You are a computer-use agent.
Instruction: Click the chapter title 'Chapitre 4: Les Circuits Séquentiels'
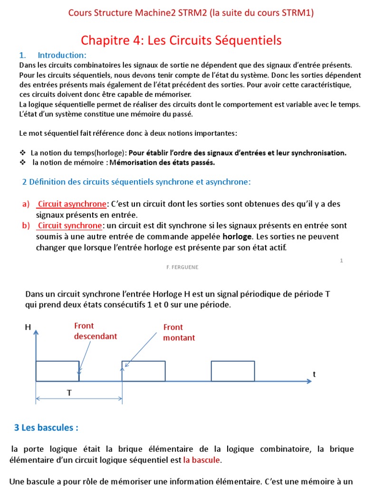pyautogui.click(x=181, y=40)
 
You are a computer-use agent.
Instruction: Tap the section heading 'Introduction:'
pyautogui.click(x=62, y=55)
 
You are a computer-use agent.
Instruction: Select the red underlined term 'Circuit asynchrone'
pyautogui.click(x=72, y=204)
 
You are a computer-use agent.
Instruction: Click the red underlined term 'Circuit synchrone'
pyautogui.click(x=70, y=225)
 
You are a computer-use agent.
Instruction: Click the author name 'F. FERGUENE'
pyautogui.click(x=182, y=267)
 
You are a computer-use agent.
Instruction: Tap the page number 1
pyautogui.click(x=341, y=261)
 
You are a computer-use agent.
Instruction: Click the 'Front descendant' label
pyautogui.click(x=95, y=331)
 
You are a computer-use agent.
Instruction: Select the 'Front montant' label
pyautogui.click(x=179, y=332)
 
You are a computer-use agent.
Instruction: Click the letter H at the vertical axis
pyautogui.click(x=27, y=327)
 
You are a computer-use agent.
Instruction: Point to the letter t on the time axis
pyautogui.click(x=314, y=374)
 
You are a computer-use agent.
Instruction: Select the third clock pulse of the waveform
pyautogui.click(x=233, y=371)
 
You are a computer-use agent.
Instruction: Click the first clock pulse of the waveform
pyautogui.click(x=58, y=371)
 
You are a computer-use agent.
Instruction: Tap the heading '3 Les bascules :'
pyautogui.click(x=46, y=428)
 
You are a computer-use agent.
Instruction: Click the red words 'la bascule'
pyautogui.click(x=202, y=459)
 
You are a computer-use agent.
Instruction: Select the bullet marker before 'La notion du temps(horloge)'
pyautogui.click(x=22, y=153)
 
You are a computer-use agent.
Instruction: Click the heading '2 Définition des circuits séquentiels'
pyautogui.click(x=136, y=182)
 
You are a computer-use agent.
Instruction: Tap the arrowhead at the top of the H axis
pyautogui.click(x=36, y=333)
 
